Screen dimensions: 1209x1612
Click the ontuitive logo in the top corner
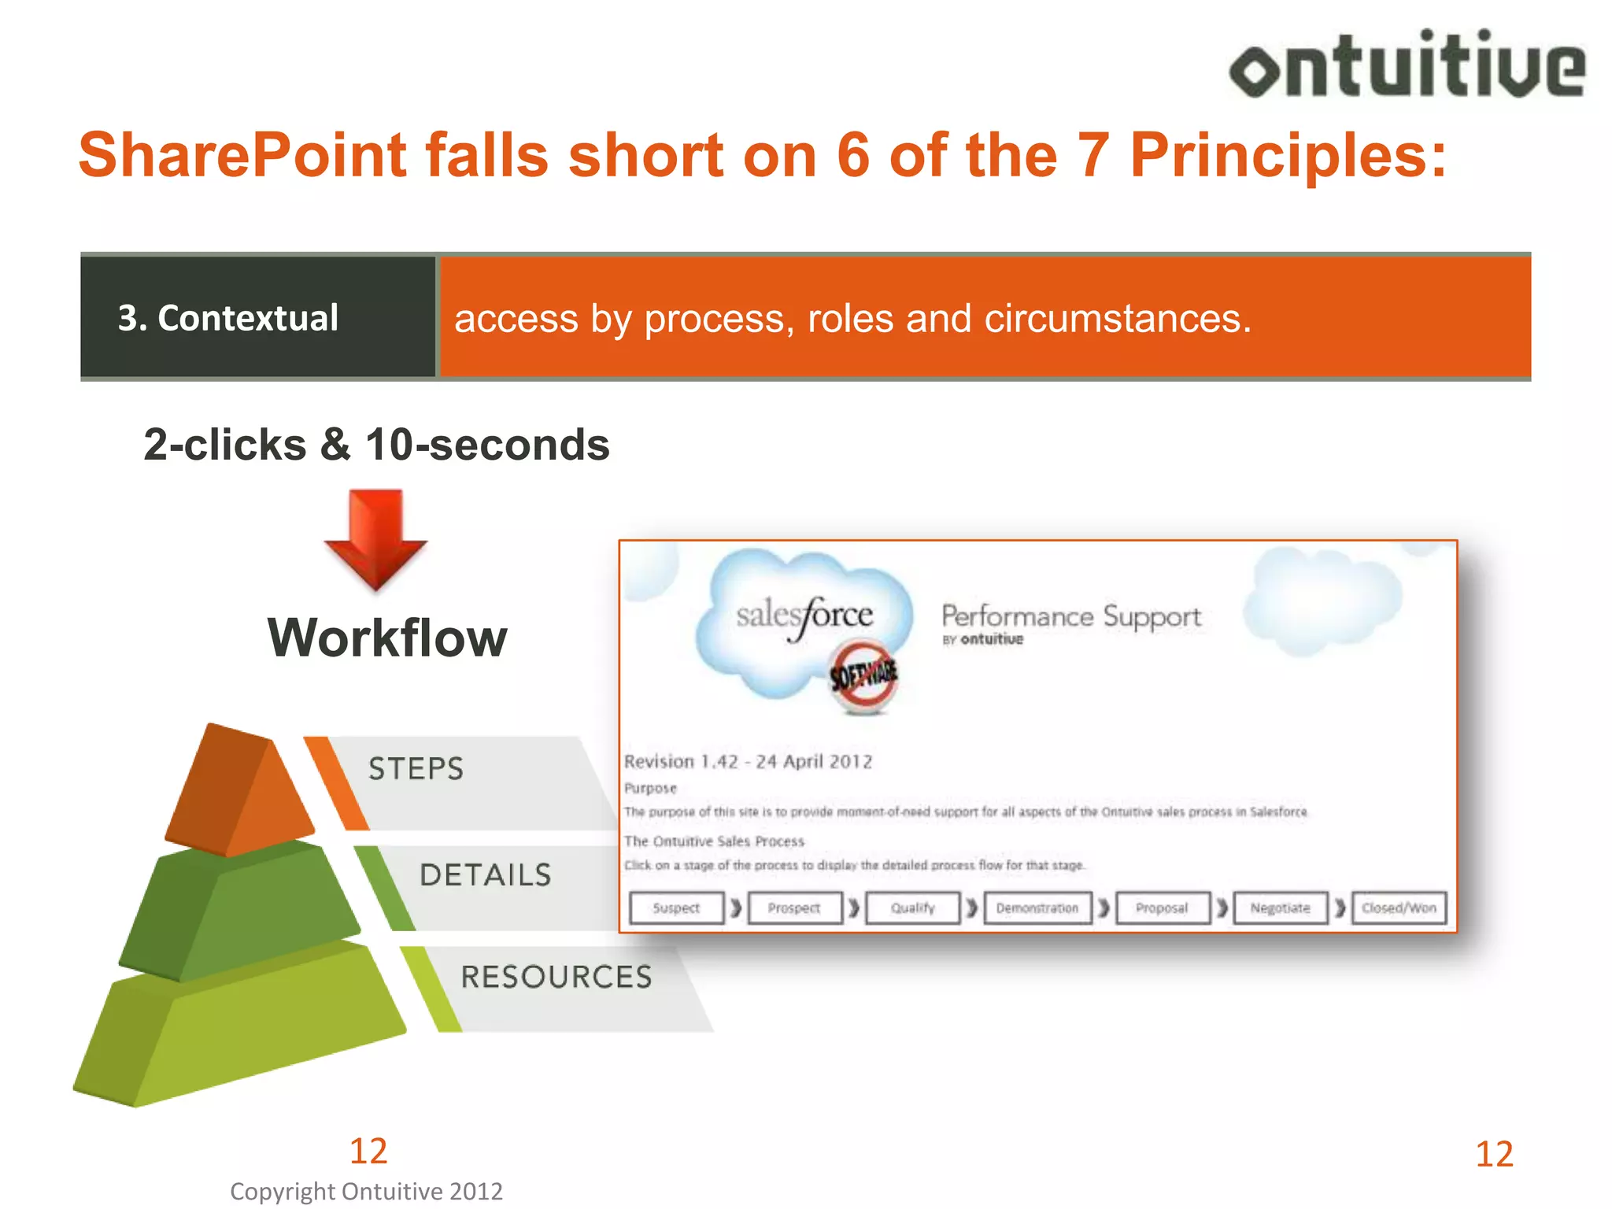[x=1407, y=65]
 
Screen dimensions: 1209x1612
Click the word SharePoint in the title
[x=242, y=155]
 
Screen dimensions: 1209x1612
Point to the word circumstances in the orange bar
[x=1116, y=319]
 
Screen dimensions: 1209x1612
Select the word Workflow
[x=387, y=638]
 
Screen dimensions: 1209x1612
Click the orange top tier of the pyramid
[x=239, y=791]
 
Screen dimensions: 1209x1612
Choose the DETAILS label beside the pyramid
[x=486, y=875]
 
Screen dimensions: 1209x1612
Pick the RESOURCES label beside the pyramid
[x=556, y=977]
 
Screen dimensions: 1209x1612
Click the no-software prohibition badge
[x=863, y=675]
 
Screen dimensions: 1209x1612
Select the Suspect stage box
[x=676, y=908]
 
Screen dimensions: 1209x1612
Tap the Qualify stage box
[x=913, y=908]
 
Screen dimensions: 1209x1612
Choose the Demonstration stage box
[x=1037, y=908]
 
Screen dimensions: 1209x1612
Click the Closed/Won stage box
[x=1399, y=908]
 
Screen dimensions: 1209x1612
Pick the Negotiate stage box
[x=1281, y=908]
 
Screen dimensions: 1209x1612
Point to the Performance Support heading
[x=1071, y=616]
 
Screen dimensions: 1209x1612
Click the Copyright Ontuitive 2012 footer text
[x=366, y=1191]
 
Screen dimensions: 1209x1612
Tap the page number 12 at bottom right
[x=1494, y=1154]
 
